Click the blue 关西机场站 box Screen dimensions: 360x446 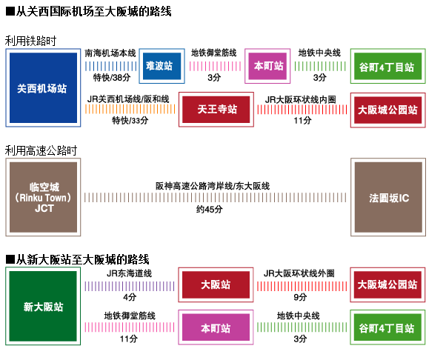[41, 87]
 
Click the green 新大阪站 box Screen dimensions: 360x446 [42, 307]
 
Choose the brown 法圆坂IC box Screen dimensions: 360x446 [388, 199]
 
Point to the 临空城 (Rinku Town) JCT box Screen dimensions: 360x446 [42, 199]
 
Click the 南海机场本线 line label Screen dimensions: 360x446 [110, 53]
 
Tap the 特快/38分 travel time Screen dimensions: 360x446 [110, 78]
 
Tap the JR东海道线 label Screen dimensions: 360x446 [129, 273]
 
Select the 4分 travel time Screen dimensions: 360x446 [130, 297]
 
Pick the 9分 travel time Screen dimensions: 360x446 [301, 297]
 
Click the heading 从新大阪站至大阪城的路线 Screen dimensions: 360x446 [81, 259]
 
